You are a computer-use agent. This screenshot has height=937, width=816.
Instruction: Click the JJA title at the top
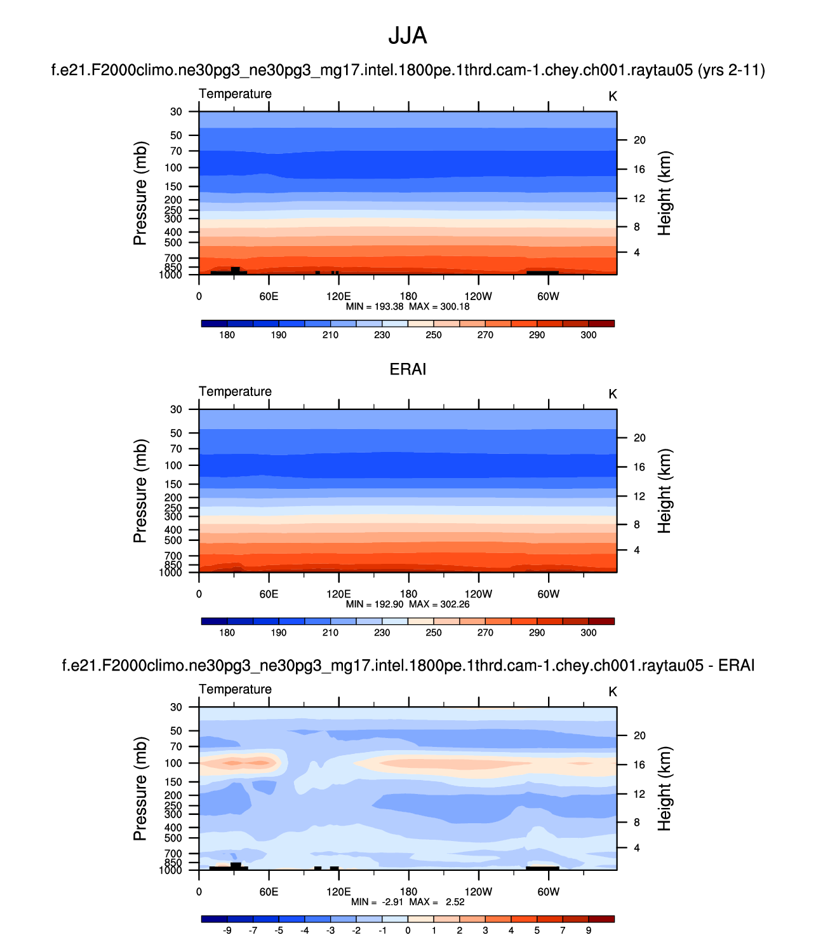pos(408,36)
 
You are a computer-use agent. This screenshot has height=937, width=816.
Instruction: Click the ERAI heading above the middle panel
pos(408,369)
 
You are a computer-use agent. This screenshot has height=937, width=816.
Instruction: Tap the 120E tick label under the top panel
pos(338,296)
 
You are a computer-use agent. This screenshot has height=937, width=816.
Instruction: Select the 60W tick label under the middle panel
pos(548,594)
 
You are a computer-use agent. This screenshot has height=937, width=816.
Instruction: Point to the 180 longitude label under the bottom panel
pos(408,892)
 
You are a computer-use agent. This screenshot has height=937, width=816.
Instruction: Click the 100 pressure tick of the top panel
pos(173,168)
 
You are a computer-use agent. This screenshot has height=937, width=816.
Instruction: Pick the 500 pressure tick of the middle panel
pos(173,540)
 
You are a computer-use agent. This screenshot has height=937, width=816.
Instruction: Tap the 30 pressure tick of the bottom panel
pos(176,707)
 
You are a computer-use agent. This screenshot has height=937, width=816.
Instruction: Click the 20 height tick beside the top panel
pos(639,140)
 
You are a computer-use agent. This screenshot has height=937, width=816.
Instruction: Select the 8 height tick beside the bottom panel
pos(637,823)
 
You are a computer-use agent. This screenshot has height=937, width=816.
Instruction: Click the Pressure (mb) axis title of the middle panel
pos(140,491)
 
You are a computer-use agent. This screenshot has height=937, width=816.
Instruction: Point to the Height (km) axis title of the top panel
pos(664,193)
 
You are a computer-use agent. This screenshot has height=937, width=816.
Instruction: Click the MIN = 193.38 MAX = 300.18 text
pos(408,306)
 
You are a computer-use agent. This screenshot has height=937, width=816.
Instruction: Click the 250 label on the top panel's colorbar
pos(434,335)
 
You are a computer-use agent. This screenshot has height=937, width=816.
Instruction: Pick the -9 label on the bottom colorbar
pos(227,930)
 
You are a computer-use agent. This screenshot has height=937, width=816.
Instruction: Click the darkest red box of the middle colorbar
pos(601,621)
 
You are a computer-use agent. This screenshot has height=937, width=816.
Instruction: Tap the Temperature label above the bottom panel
pos(235,689)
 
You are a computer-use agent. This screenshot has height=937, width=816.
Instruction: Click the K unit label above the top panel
pos(613,97)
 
